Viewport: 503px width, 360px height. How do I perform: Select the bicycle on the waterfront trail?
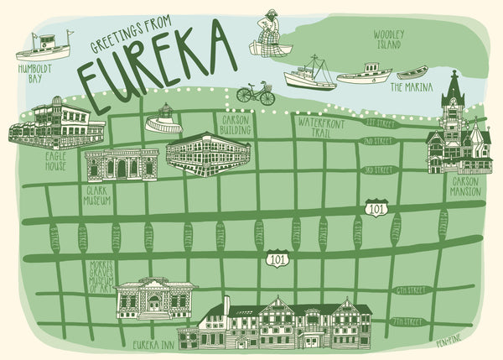256,93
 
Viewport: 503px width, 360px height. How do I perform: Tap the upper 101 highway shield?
376,206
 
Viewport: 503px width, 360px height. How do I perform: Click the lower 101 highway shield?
277,259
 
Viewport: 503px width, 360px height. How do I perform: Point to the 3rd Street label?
379,170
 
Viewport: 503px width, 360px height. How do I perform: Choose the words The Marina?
412,86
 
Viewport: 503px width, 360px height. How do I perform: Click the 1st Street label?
379,123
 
